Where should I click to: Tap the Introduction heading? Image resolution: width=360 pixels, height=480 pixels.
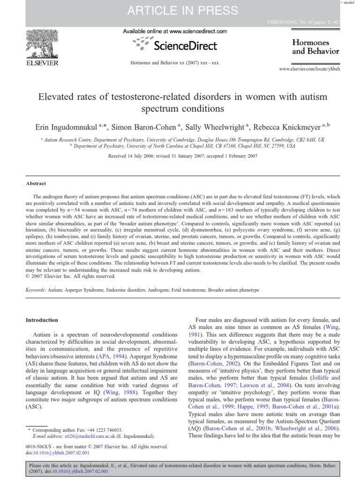point(41,320)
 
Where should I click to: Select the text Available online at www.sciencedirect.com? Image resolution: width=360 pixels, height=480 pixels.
point(175,31)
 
